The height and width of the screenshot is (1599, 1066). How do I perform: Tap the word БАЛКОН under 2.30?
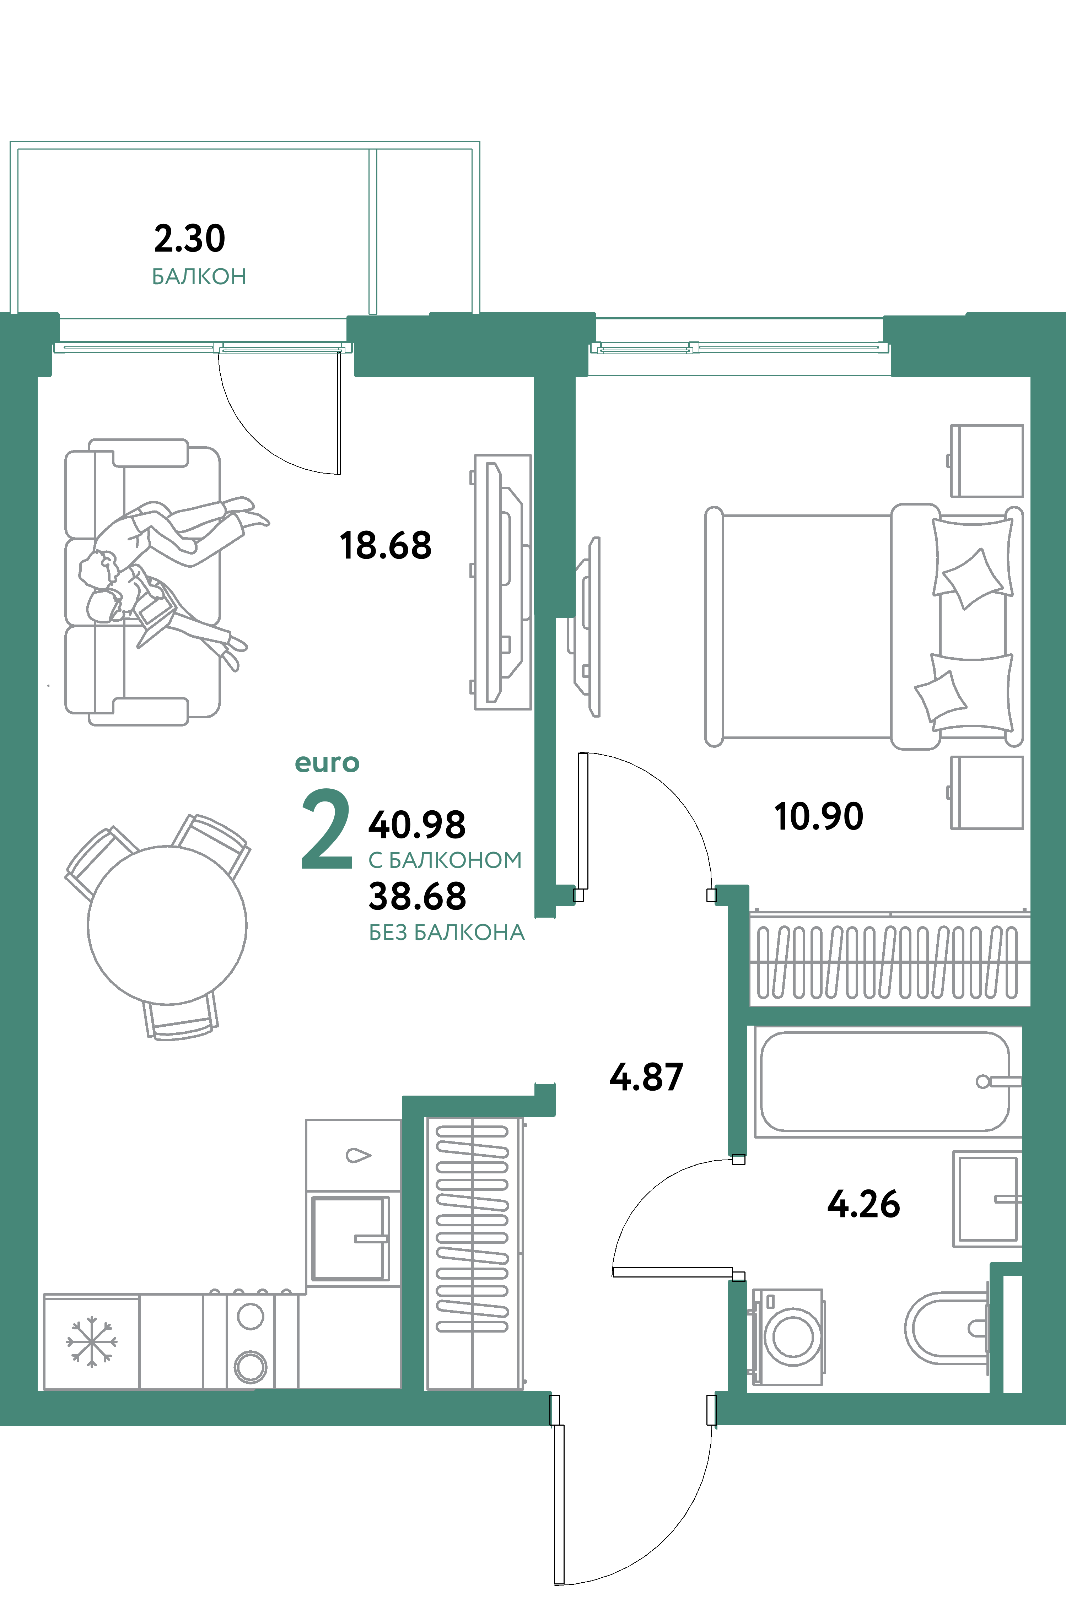point(199,277)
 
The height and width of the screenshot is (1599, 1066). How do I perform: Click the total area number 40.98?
point(417,825)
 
